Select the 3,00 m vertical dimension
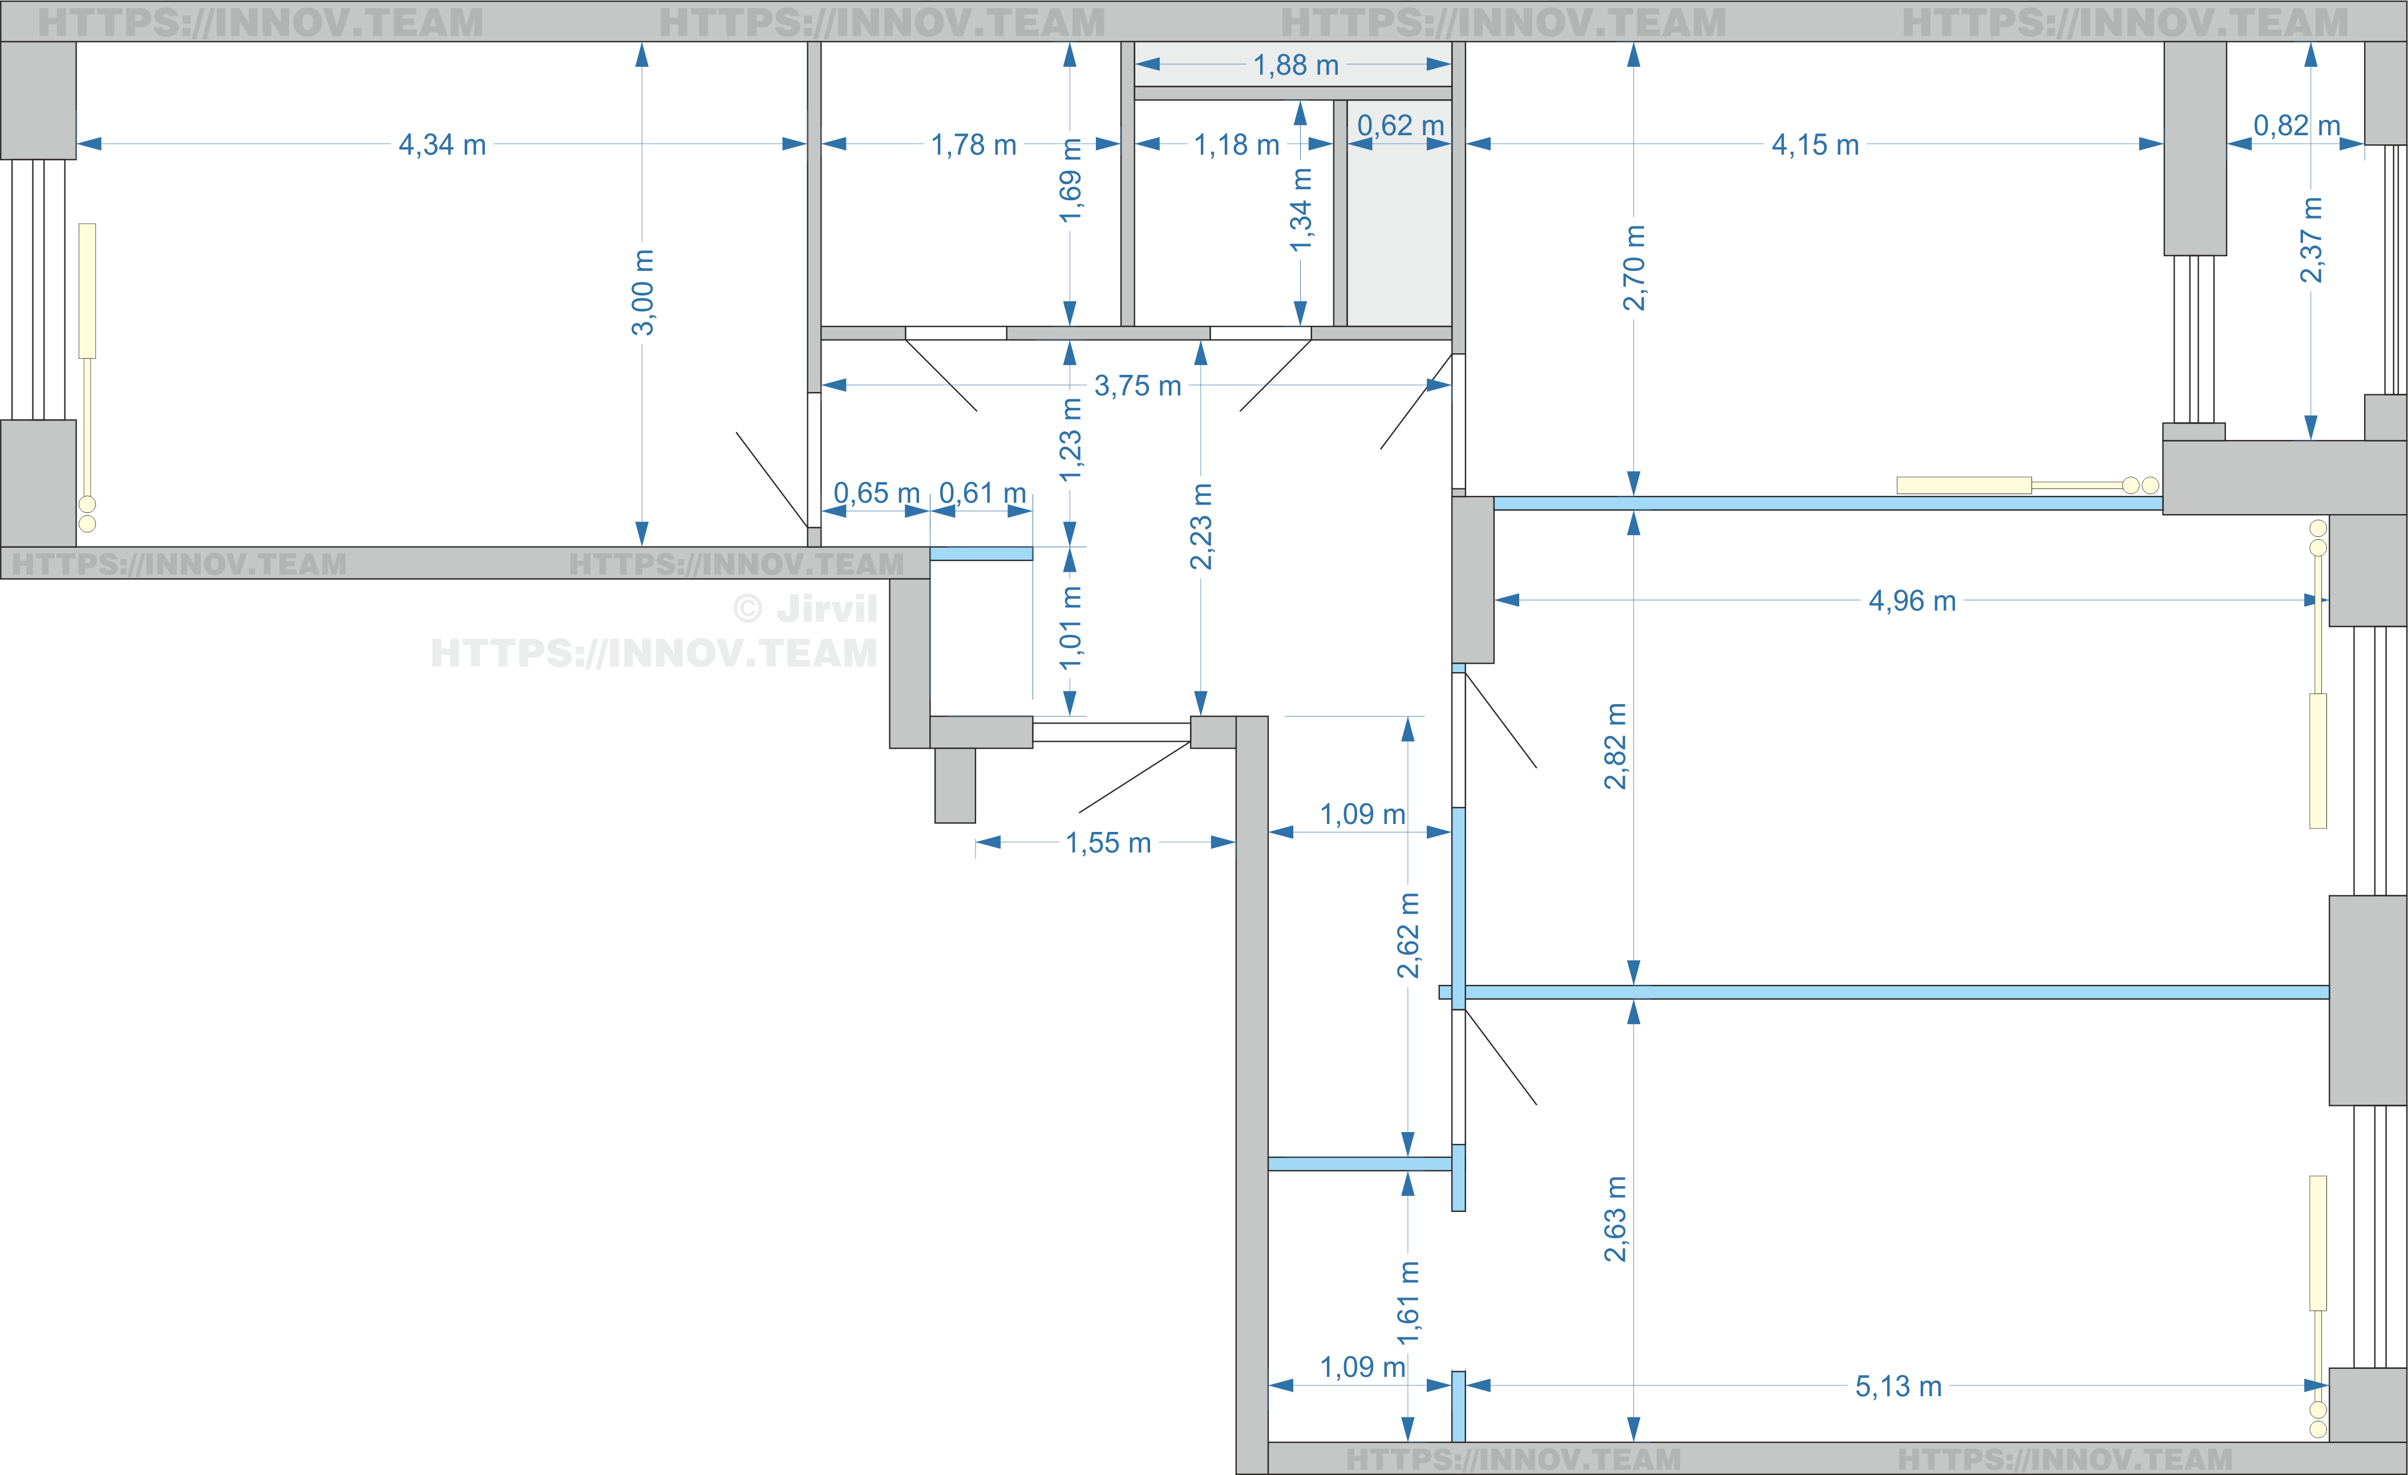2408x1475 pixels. point(642,292)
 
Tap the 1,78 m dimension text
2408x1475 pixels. point(973,145)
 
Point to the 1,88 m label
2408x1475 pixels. point(1296,66)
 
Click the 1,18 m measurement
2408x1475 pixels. point(1236,145)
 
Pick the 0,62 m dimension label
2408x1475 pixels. point(1401,125)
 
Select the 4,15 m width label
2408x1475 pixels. point(1815,145)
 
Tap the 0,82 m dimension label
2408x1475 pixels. point(2297,125)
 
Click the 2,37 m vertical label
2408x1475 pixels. point(2310,240)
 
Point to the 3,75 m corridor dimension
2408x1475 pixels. point(1138,386)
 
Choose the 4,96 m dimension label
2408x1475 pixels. point(1912,601)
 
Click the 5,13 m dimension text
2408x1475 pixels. point(1898,1386)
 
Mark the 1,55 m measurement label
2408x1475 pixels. point(1108,843)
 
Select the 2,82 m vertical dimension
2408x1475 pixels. point(1616,746)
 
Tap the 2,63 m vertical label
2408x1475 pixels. point(1616,1219)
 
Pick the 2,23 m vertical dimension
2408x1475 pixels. point(1201,526)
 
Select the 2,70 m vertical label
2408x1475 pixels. point(1634,268)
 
